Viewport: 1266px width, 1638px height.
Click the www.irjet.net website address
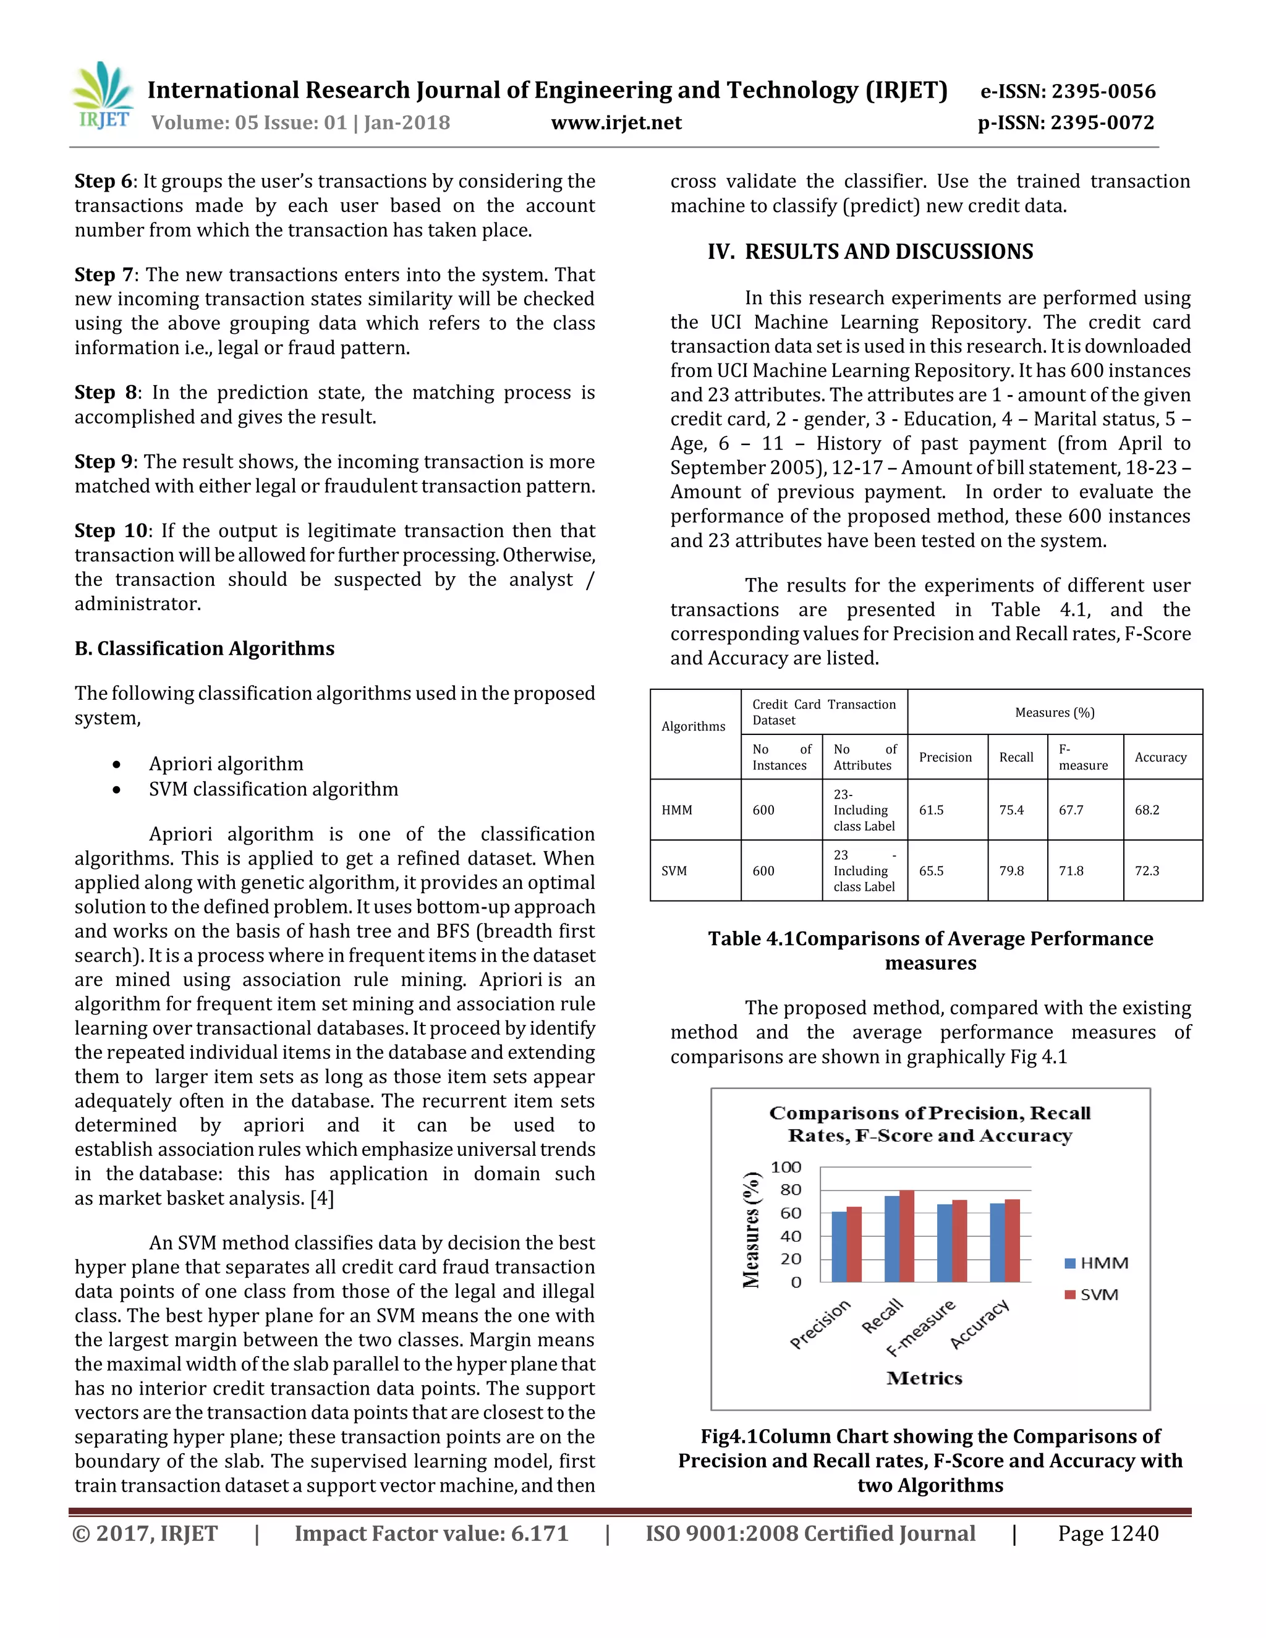pyautogui.click(x=616, y=123)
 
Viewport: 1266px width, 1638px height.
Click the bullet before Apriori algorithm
pyautogui.click(x=116, y=764)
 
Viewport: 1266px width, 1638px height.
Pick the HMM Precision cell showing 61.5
pyautogui.click(x=932, y=810)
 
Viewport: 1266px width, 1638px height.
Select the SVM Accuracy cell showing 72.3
pyautogui.click(x=1147, y=871)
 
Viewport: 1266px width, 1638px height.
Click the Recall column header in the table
pyautogui.click(x=1016, y=758)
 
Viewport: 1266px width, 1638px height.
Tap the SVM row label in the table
pyautogui.click(x=674, y=871)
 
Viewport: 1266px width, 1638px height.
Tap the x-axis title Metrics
pyautogui.click(x=924, y=1378)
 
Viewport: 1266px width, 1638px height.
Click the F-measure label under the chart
pyautogui.click(x=921, y=1328)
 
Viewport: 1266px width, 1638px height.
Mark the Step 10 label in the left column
pyautogui.click(x=112, y=531)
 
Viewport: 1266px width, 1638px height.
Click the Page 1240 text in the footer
pyautogui.click(x=1108, y=1534)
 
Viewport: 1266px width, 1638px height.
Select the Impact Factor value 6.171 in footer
pyautogui.click(x=431, y=1534)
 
